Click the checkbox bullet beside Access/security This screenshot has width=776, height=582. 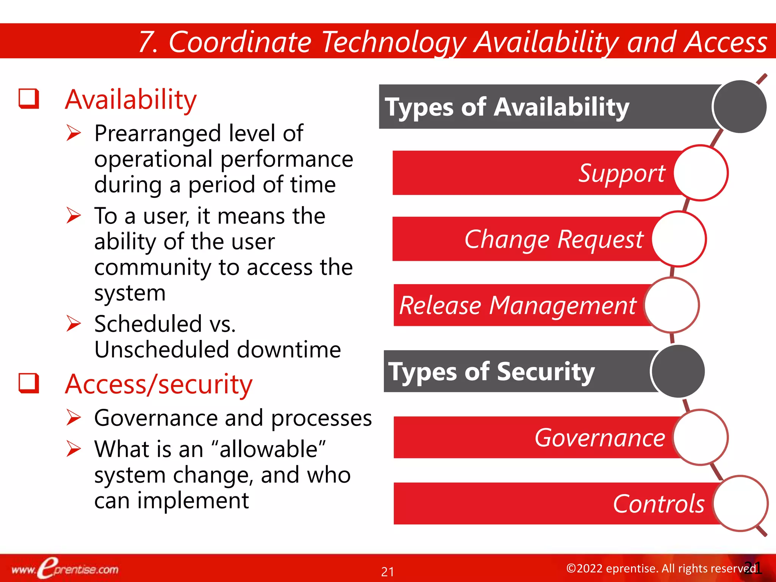click(x=29, y=383)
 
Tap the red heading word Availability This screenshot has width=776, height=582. click(x=131, y=100)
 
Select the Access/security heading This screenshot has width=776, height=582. click(x=158, y=384)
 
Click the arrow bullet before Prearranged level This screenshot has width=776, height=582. click(x=74, y=133)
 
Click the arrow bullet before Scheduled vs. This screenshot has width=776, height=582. click(x=74, y=324)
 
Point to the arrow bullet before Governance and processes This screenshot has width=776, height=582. click(x=74, y=418)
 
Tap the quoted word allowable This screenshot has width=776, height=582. click(x=268, y=449)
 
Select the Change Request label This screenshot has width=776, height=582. click(x=554, y=239)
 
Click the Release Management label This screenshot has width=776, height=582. click(x=518, y=305)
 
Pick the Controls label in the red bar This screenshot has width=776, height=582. click(x=659, y=504)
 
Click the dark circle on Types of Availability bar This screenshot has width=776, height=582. click(x=739, y=107)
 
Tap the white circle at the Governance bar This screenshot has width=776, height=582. click(x=700, y=437)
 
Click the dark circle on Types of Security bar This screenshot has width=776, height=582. click(x=678, y=371)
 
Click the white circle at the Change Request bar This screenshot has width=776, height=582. click(x=679, y=239)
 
